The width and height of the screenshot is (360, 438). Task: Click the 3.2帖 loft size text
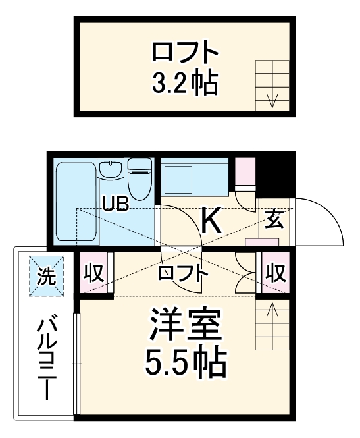tap(184, 82)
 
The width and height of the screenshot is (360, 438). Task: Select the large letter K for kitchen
tap(211, 221)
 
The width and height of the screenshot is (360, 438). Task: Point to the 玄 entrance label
tap(274, 219)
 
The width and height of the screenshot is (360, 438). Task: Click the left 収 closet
tap(94, 273)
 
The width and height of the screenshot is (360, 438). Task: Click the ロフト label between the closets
tap(183, 273)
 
